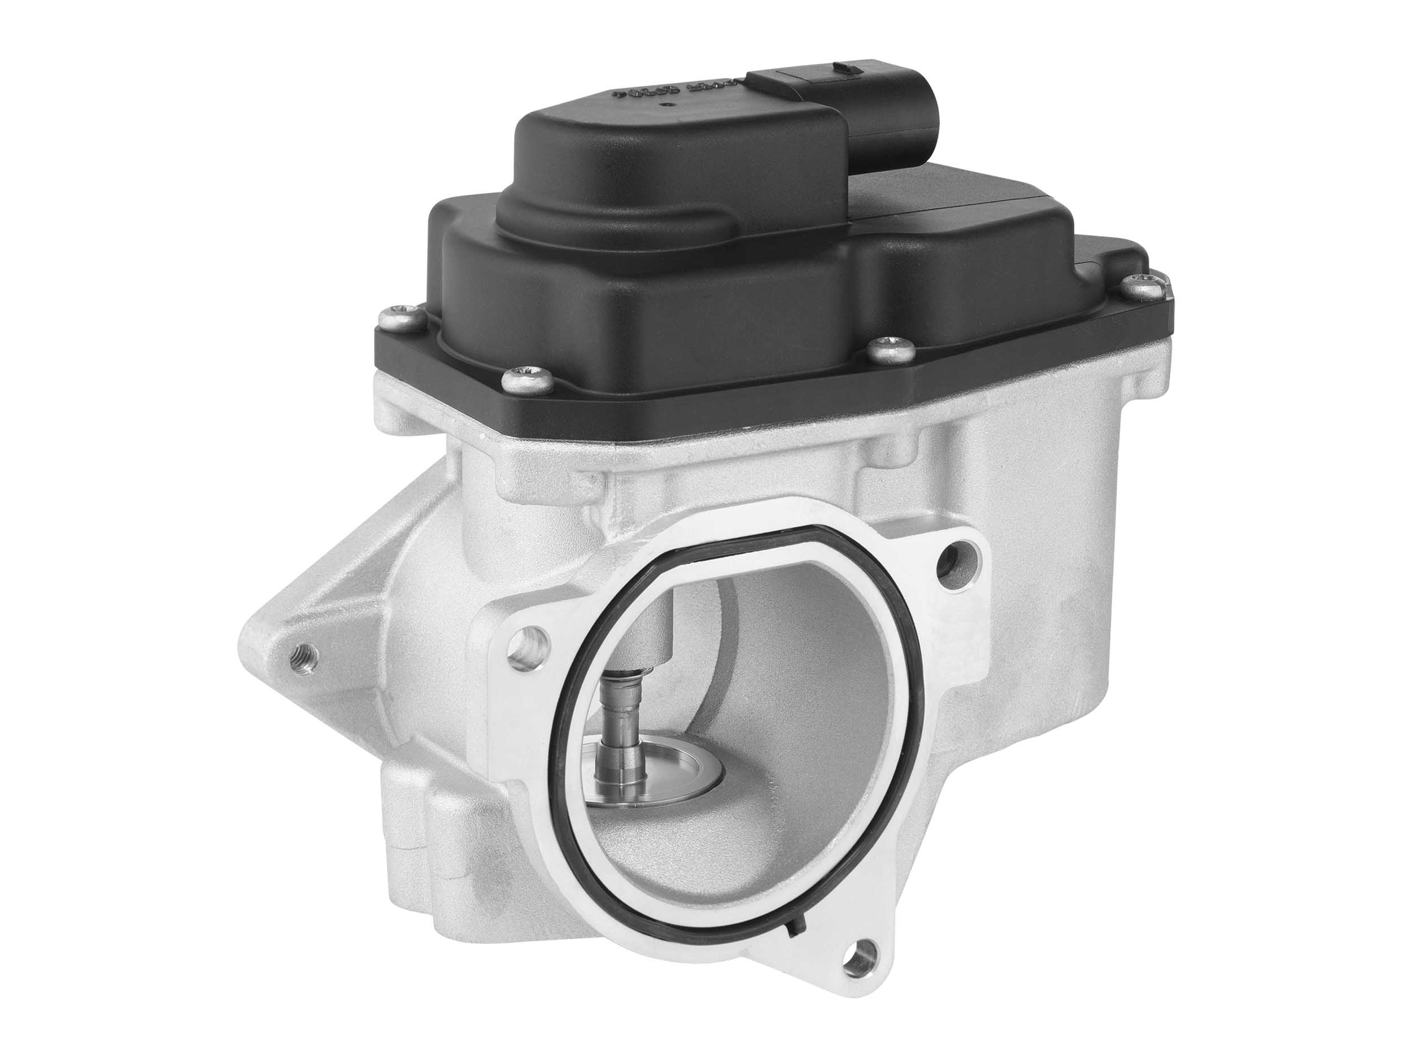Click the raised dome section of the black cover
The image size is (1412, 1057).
coord(670,166)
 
